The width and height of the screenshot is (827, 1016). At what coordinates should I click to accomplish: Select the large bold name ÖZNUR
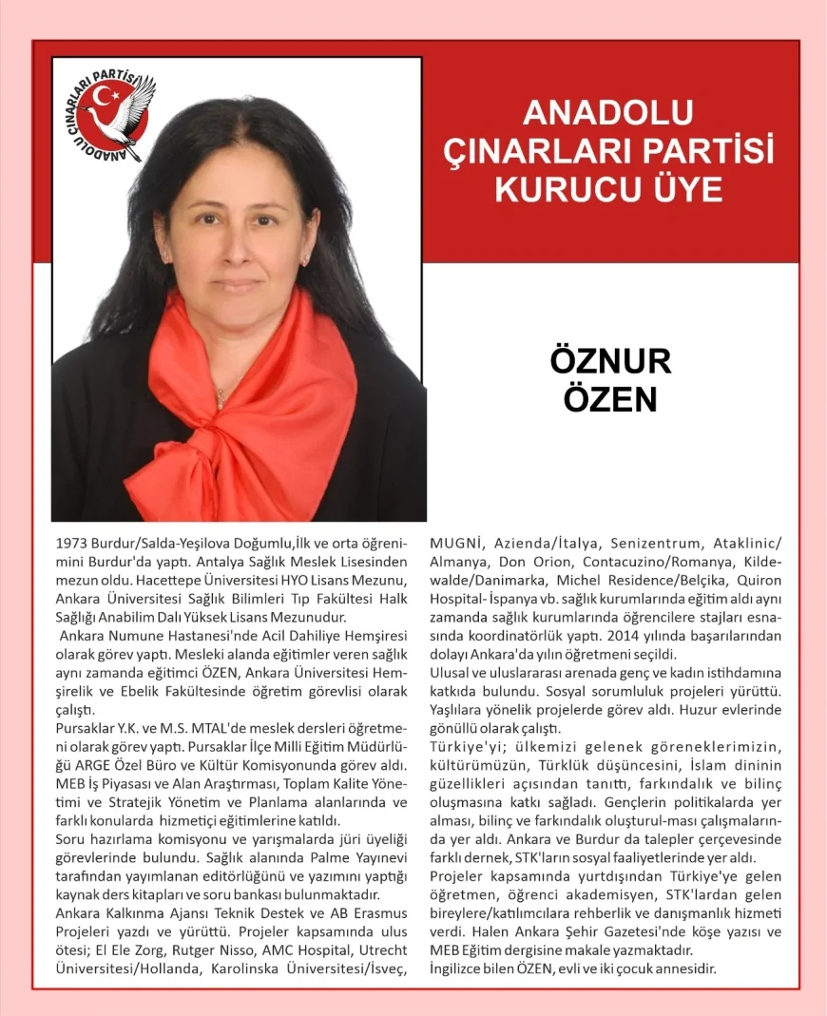(x=610, y=361)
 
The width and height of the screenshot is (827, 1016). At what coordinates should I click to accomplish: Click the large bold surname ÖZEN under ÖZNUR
(x=610, y=398)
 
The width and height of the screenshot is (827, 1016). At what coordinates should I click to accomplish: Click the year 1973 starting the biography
(x=74, y=544)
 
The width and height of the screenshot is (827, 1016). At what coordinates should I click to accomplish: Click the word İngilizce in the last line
(x=462, y=968)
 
